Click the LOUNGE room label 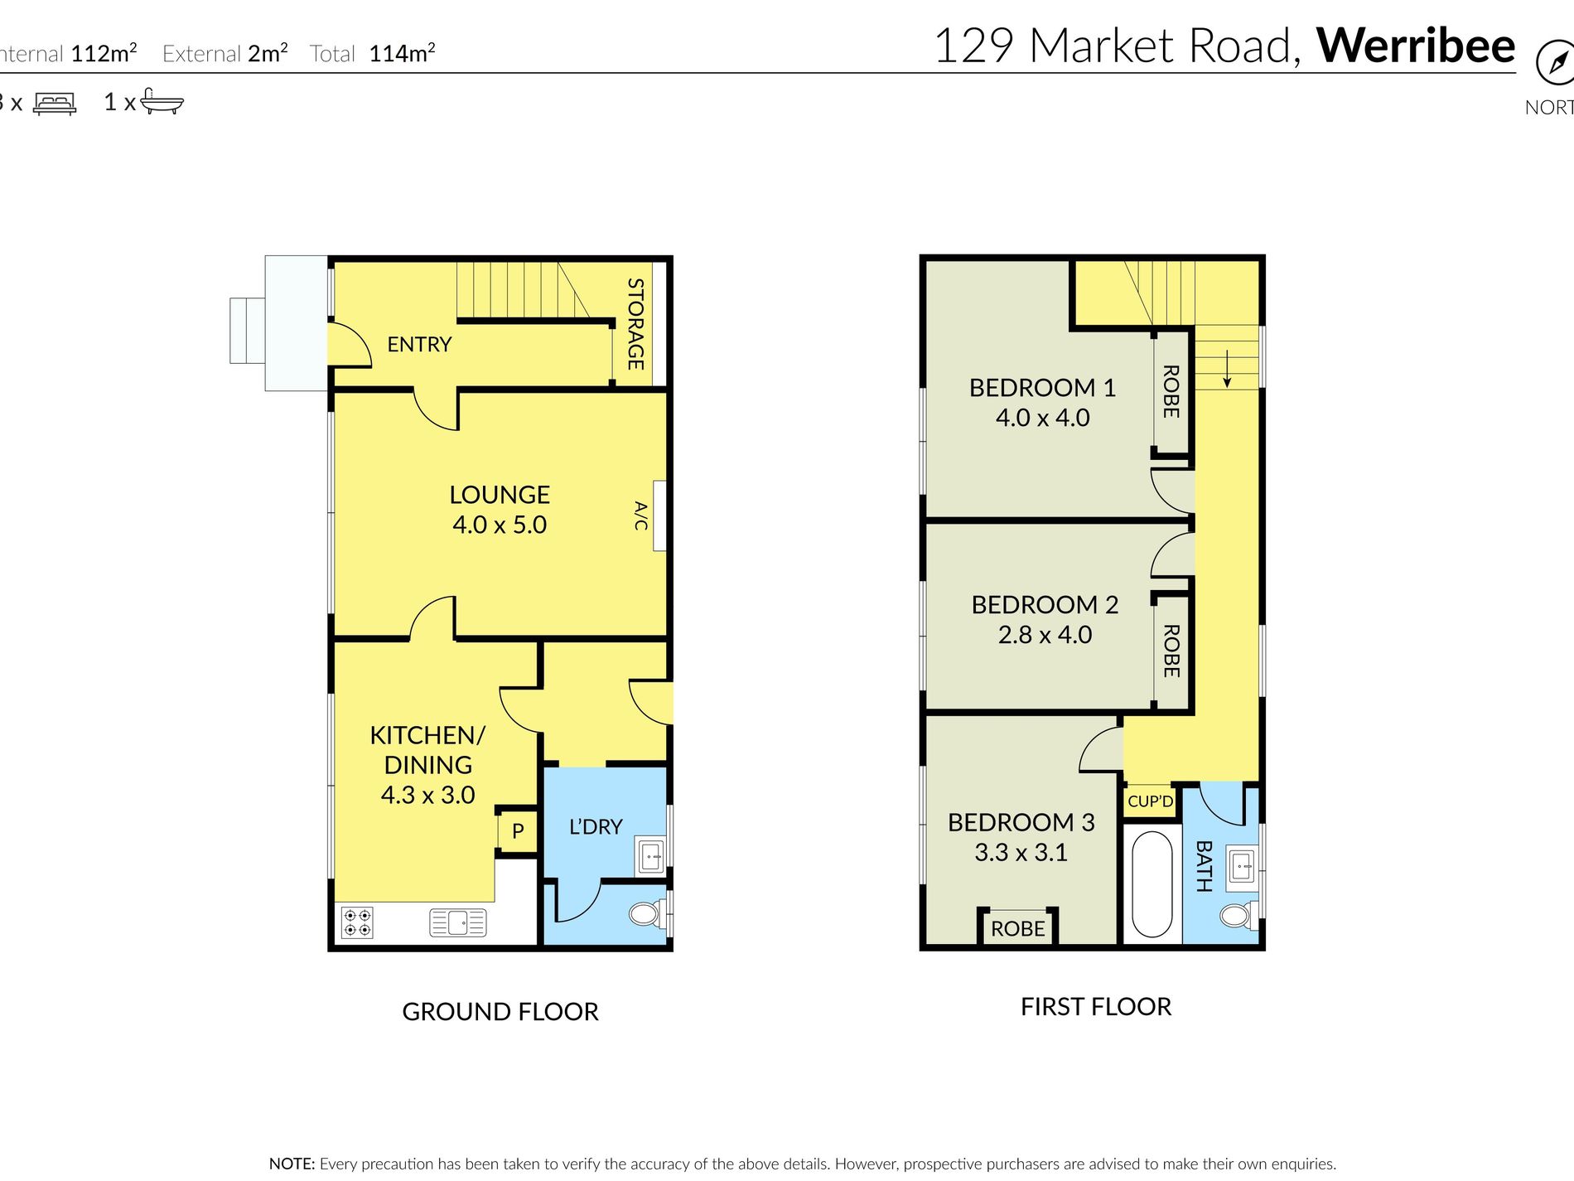click(499, 495)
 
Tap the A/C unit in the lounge click(659, 515)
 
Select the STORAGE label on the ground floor click(635, 323)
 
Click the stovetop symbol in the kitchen click(357, 922)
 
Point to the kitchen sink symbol click(457, 922)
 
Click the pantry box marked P click(518, 830)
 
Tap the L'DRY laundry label click(595, 826)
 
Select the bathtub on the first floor click(1151, 883)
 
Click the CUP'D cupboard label click(1150, 801)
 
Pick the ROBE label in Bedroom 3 click(1017, 929)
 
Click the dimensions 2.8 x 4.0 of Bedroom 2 click(1045, 635)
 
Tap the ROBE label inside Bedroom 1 click(1171, 391)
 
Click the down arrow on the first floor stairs click(1227, 371)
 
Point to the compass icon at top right click(1554, 63)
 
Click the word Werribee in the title click(1415, 46)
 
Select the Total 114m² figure click(402, 54)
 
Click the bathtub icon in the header click(162, 101)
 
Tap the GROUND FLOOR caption click(500, 1011)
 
